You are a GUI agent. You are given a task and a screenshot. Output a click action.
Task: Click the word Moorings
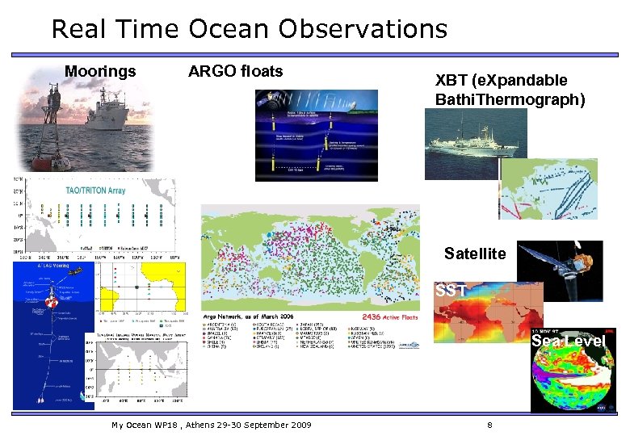pyautogui.click(x=100, y=72)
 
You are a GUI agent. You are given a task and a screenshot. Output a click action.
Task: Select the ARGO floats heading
pyautogui.click(x=235, y=72)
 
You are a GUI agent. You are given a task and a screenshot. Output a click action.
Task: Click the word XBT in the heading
pyautogui.click(x=451, y=81)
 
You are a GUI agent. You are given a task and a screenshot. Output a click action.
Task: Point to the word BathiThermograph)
pyautogui.click(x=509, y=100)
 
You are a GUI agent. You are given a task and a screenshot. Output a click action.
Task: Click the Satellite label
pyautogui.click(x=475, y=254)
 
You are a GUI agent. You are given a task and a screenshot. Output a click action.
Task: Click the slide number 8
pyautogui.click(x=489, y=425)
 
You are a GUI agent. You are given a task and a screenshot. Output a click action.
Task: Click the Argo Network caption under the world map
pyautogui.click(x=242, y=316)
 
